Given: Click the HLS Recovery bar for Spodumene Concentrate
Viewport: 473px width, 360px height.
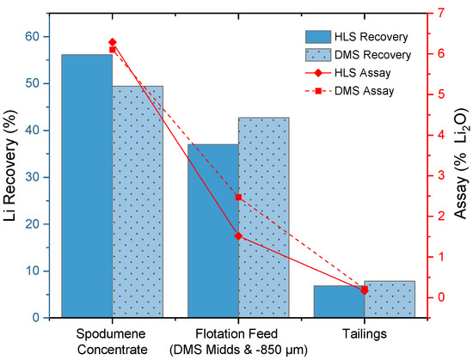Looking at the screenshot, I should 87,186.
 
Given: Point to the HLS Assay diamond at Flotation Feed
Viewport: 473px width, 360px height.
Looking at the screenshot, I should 238,236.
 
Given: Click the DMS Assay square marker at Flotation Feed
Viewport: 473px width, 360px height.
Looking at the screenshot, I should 238,198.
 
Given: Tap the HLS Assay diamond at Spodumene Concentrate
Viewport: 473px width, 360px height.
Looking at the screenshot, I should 113,42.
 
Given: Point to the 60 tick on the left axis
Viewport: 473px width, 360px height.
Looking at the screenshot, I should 44,37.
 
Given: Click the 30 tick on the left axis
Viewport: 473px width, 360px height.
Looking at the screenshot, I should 44,177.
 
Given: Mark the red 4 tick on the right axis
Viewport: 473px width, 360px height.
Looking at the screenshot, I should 440,135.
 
